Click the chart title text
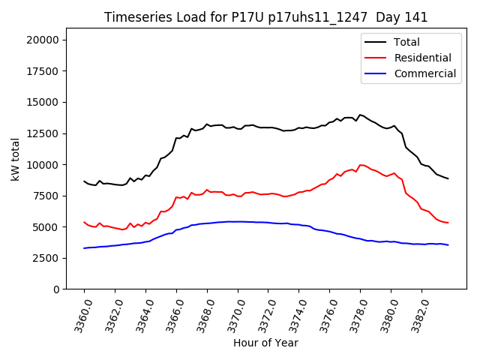click(266, 17)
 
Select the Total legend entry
click(406, 42)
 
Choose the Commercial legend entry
click(424, 73)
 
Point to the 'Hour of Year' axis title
click(266, 343)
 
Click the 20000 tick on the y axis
click(46, 40)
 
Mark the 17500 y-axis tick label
click(46, 71)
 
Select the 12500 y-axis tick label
click(46, 133)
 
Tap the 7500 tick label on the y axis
click(49, 196)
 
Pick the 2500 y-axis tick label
click(49, 258)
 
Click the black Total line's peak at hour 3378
click(360, 115)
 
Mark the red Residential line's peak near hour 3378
click(361, 165)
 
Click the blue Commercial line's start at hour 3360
click(84, 248)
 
